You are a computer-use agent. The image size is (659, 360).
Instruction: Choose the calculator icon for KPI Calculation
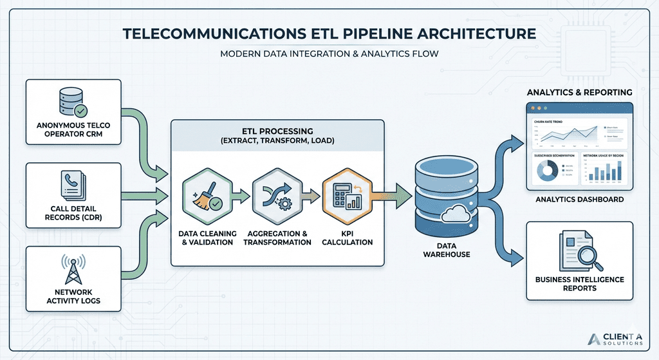[346, 194]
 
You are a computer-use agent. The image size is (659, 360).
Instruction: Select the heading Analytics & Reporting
[579, 93]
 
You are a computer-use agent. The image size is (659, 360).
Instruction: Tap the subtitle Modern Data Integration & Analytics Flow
[329, 53]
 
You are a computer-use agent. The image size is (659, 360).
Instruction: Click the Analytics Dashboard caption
[579, 200]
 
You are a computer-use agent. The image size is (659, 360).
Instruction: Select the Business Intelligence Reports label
[579, 283]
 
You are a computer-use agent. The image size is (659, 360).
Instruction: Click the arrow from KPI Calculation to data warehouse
[392, 193]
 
